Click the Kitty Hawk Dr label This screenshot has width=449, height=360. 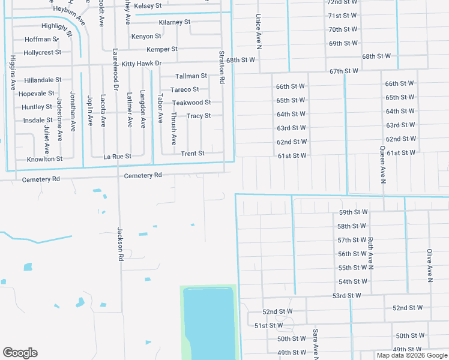142,63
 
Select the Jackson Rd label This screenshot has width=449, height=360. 120,244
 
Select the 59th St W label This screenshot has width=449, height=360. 352,212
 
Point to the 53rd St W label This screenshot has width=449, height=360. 347,296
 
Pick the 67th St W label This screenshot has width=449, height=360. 344,71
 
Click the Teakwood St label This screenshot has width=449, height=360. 191,103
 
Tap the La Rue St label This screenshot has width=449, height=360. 117,156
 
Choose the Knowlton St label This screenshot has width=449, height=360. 44,159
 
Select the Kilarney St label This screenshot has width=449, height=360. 175,22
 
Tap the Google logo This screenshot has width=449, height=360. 20,353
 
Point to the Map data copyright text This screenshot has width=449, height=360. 411,355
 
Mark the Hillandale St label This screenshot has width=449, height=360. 43,80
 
